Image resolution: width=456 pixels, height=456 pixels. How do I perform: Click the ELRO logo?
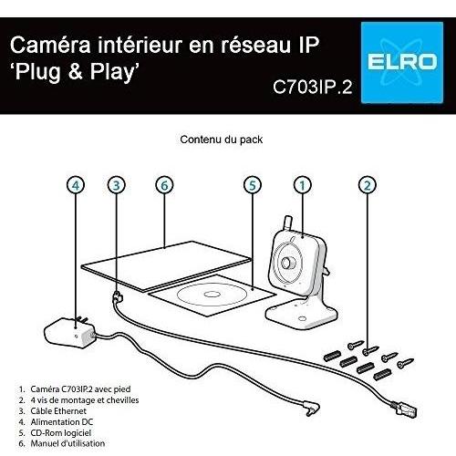[x=402, y=63]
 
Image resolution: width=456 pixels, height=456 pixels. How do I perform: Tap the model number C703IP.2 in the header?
[x=313, y=87]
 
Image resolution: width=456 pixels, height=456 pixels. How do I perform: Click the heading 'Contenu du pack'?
[x=222, y=140]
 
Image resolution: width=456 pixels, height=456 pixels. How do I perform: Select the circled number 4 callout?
[x=76, y=185]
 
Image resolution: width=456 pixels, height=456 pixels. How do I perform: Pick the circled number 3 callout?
[x=117, y=185]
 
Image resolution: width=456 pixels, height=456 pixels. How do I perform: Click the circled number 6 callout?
[x=164, y=185]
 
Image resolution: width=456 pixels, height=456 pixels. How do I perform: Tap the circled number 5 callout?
[x=253, y=185]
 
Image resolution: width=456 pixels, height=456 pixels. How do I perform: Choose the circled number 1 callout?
[x=303, y=185]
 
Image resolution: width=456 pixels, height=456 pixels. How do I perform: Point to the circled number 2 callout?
[x=368, y=185]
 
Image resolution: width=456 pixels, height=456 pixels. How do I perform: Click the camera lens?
[x=287, y=263]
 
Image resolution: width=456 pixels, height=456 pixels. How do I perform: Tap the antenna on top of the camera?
[x=287, y=223]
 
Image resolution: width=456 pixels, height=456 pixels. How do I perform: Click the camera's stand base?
[x=301, y=315]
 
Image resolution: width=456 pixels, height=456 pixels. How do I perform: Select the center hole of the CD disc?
[x=210, y=294]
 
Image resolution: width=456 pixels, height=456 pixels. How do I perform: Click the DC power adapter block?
[x=69, y=333]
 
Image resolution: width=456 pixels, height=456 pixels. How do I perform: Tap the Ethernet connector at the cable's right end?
[x=406, y=409]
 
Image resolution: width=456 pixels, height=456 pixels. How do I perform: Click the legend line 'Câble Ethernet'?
[x=53, y=411]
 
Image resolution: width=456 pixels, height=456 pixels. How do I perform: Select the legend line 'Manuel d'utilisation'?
[x=62, y=443]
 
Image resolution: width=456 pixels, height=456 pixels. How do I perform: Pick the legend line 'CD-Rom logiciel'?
[x=55, y=432]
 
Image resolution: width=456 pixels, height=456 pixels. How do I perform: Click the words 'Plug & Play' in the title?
[x=75, y=72]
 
